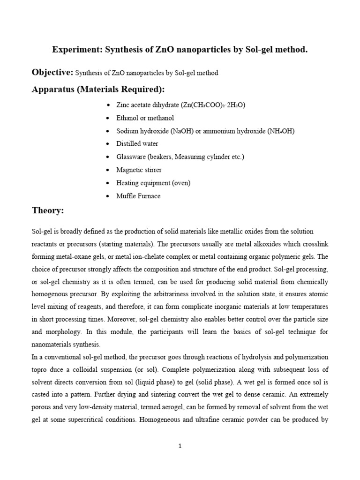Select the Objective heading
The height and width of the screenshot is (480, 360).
click(x=52, y=72)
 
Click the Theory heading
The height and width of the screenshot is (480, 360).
click(x=47, y=211)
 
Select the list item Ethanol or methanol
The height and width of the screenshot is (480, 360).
click(x=145, y=118)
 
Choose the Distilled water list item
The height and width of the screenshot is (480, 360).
click(x=137, y=144)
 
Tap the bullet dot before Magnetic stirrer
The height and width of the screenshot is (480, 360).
click(x=109, y=170)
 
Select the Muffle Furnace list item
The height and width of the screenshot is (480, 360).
click(x=138, y=196)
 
